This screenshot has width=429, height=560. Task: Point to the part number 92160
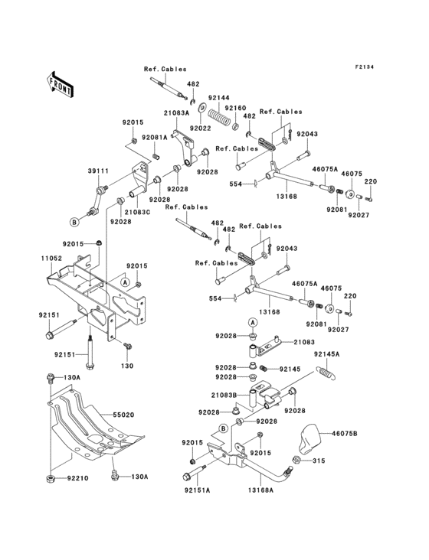coord(235,108)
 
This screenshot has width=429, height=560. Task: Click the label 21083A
coord(175,112)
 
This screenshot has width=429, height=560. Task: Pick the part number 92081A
coord(154,138)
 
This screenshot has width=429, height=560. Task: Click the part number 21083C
coord(138,211)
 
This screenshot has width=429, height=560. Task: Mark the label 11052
coord(52,259)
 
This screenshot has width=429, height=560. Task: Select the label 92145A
coord(326,354)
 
